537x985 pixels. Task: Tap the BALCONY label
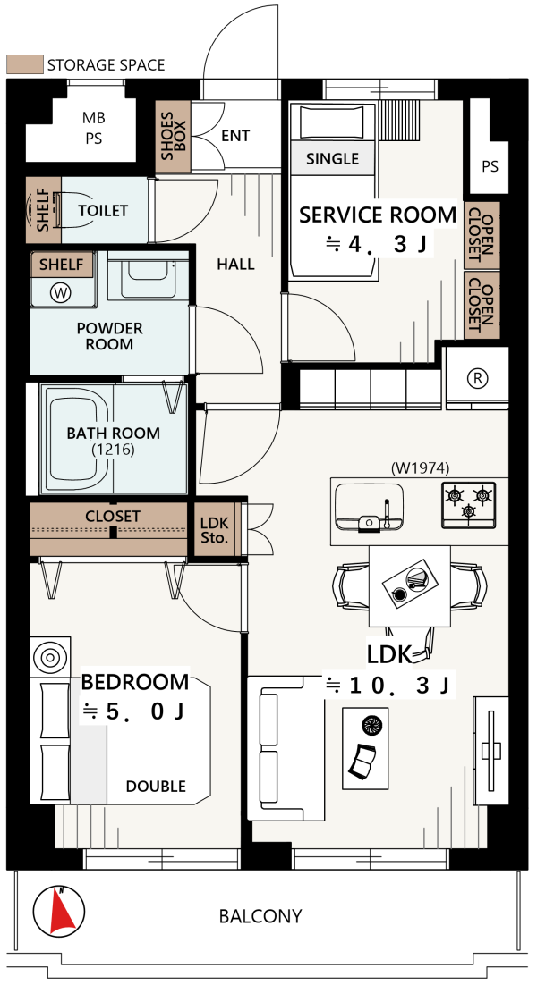click(x=260, y=916)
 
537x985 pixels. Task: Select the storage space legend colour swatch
click(x=24, y=64)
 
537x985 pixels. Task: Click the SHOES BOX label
click(x=171, y=138)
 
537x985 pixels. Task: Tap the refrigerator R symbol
click(x=478, y=377)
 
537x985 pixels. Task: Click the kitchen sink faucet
click(x=386, y=512)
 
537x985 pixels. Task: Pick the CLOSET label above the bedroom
click(x=112, y=517)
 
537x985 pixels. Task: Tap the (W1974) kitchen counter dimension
click(x=420, y=467)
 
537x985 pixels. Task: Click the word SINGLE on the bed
click(x=332, y=159)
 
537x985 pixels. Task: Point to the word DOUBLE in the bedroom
click(x=156, y=787)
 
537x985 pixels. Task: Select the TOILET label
click(x=103, y=211)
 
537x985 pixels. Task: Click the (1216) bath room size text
click(x=113, y=450)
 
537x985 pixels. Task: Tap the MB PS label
click(x=93, y=128)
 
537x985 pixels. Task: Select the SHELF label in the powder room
click(x=61, y=265)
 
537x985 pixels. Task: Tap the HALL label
click(x=236, y=265)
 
